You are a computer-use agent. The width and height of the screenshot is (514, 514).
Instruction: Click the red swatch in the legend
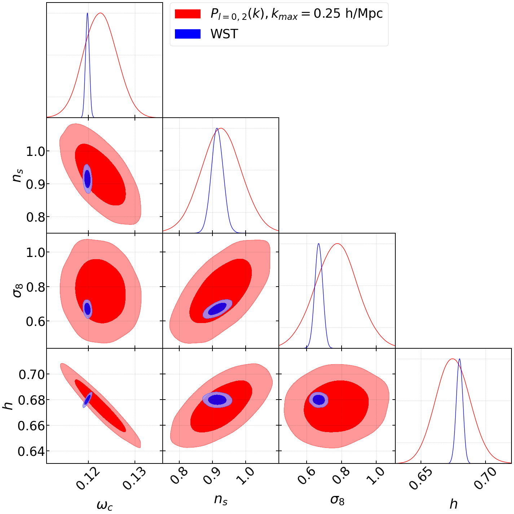click(188, 14)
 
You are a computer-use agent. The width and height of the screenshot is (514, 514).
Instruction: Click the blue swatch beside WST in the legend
click(188, 34)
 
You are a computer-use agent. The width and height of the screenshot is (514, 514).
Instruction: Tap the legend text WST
click(224, 34)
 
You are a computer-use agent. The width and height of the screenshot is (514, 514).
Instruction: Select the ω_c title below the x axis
click(105, 505)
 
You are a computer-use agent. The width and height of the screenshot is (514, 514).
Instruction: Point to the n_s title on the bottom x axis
click(221, 499)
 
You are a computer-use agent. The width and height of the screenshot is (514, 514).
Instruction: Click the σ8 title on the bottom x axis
click(337, 500)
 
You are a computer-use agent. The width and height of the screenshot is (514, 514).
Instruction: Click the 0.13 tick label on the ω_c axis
click(134, 478)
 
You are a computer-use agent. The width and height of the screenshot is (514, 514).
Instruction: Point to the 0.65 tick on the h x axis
click(420, 478)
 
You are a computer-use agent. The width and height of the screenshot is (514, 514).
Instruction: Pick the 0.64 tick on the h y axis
click(31, 451)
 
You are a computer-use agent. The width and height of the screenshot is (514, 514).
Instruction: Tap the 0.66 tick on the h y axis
click(31, 426)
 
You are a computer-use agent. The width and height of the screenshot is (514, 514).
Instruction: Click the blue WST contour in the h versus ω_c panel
click(87, 400)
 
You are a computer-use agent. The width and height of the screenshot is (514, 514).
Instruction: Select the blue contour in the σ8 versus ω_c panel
click(87, 309)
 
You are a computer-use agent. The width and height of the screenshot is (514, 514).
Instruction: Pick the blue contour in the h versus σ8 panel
click(318, 400)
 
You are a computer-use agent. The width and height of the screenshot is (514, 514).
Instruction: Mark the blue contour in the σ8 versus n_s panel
click(218, 309)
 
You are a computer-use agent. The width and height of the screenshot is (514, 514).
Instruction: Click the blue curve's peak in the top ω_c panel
click(87, 13)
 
